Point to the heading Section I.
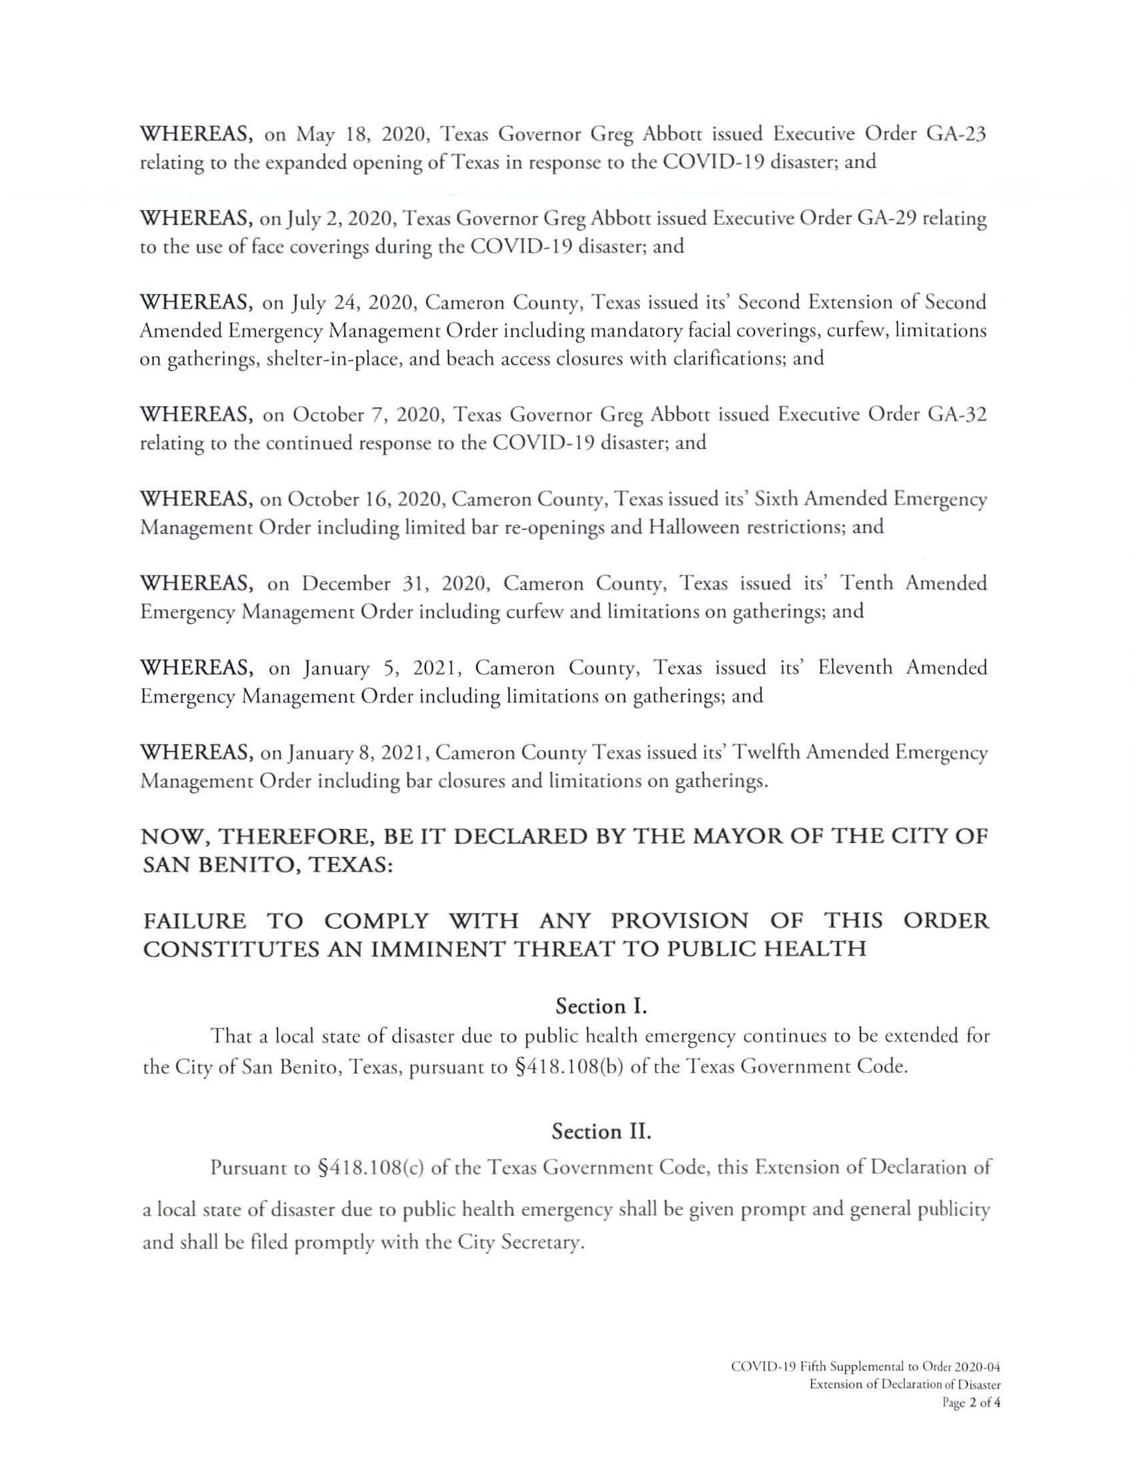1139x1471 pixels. [601, 1006]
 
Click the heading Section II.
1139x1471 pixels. [601, 1132]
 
